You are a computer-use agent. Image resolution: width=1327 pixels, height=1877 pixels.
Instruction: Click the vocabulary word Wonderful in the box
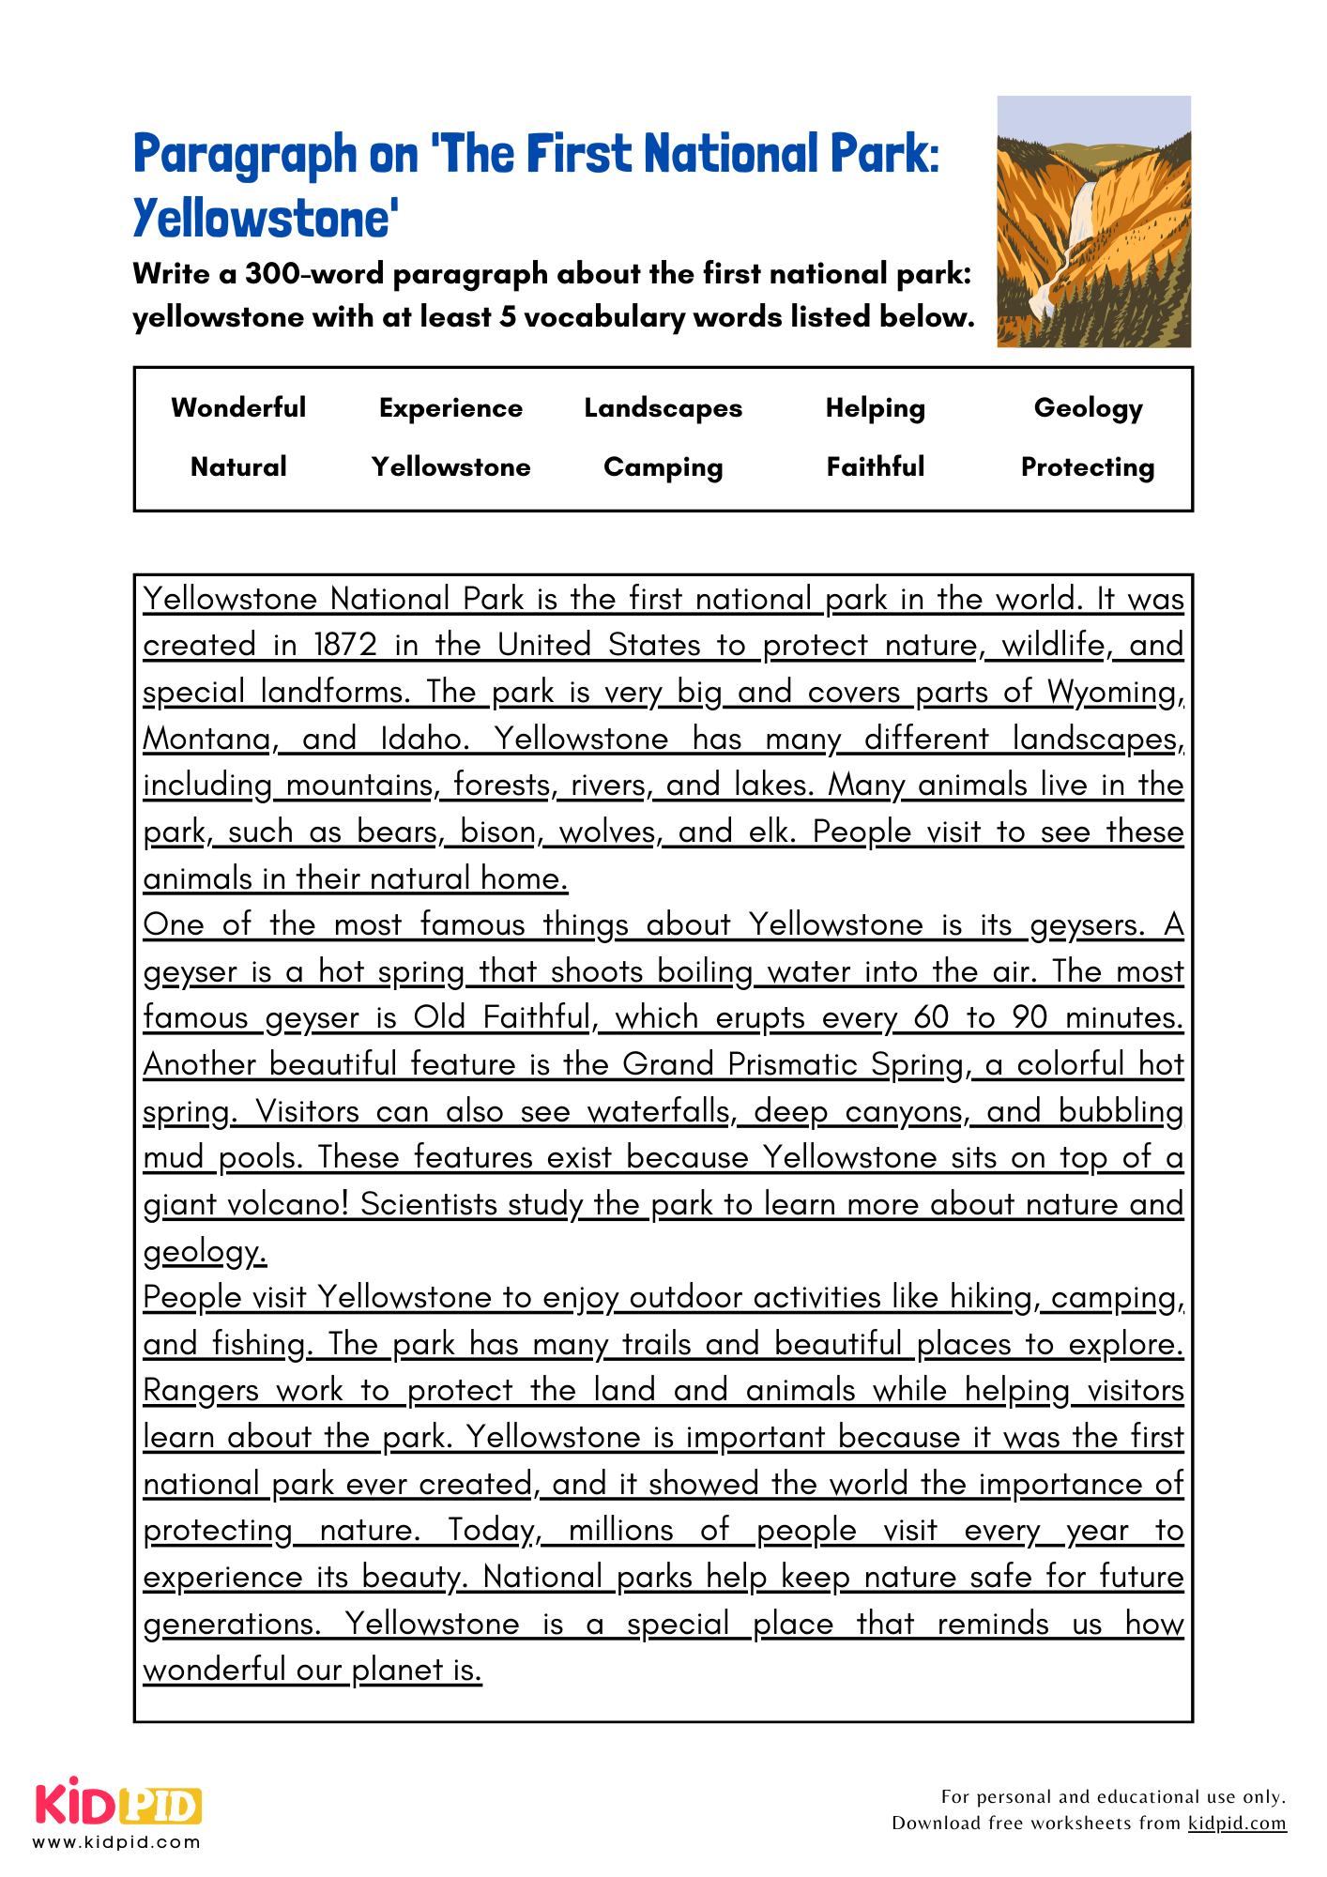point(238,407)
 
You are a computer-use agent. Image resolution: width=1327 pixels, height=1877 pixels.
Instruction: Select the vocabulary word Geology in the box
point(1088,408)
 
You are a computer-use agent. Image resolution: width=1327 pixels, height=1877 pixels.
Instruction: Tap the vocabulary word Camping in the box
point(663,467)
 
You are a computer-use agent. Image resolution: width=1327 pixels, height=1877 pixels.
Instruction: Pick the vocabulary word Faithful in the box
point(875,466)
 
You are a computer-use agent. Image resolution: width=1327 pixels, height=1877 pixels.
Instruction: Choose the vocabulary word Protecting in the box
point(1088,467)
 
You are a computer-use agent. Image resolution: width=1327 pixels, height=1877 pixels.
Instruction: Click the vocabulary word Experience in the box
point(450,408)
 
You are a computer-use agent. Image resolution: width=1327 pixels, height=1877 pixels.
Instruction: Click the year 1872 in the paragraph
point(344,646)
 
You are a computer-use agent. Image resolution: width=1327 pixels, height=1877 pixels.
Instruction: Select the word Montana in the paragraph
point(207,740)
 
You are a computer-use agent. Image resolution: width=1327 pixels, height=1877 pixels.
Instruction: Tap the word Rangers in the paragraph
point(200,1391)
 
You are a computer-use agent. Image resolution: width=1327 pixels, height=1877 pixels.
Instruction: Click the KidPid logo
point(118,1802)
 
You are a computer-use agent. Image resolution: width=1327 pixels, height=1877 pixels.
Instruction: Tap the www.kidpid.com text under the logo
point(116,1842)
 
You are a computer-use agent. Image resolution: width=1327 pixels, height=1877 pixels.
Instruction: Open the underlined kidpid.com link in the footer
point(1236,1824)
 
